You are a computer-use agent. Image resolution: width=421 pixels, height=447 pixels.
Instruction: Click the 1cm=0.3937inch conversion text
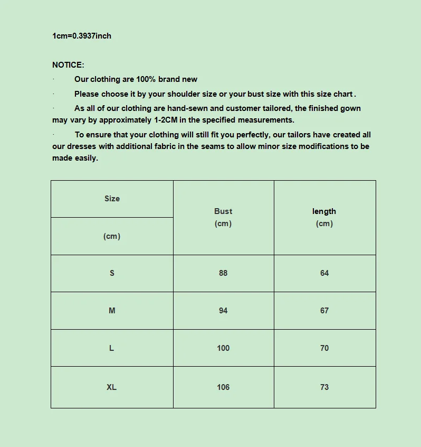pyautogui.click(x=82, y=36)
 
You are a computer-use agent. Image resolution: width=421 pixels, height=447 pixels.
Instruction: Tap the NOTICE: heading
pyautogui.click(x=68, y=65)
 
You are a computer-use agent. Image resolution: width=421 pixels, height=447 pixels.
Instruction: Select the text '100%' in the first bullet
pyautogui.click(x=146, y=79)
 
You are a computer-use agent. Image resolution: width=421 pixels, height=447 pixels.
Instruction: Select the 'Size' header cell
pyautogui.click(x=112, y=199)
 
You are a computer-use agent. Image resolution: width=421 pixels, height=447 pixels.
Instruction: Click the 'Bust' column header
pyautogui.click(x=223, y=211)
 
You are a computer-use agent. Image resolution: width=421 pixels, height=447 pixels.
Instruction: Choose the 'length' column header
pyautogui.click(x=324, y=211)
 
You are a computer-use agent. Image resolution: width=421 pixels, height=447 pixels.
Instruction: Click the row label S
pyautogui.click(x=112, y=273)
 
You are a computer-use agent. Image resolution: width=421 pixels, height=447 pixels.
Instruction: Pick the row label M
pyautogui.click(x=112, y=311)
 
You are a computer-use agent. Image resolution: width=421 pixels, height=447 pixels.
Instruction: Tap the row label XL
pyautogui.click(x=112, y=387)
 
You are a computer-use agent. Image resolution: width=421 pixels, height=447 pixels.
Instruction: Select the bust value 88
pyautogui.click(x=223, y=273)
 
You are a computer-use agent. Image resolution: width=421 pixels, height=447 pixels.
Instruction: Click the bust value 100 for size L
pyautogui.click(x=223, y=348)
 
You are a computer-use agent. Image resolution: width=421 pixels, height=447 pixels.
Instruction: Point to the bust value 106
pyautogui.click(x=223, y=387)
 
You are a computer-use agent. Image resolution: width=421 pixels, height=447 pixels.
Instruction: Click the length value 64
pyautogui.click(x=324, y=273)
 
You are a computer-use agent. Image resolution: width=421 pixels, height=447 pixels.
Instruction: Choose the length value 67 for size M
pyautogui.click(x=324, y=311)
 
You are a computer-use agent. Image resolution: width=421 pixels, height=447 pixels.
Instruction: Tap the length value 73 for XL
pyautogui.click(x=324, y=387)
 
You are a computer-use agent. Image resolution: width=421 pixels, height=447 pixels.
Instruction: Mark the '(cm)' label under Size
pyautogui.click(x=112, y=236)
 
